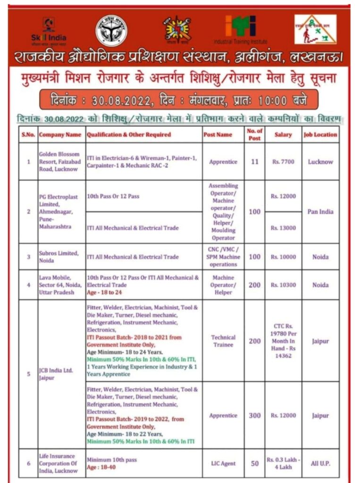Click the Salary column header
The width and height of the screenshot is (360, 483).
coord(283,134)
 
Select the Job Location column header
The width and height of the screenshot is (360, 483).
coord(320,134)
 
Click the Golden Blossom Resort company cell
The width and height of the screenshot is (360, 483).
coord(61,162)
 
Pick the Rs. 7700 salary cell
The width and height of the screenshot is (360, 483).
coord(283,162)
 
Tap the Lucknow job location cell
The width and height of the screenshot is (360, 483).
coord(320,162)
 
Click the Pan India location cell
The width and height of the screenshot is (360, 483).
coord(320,212)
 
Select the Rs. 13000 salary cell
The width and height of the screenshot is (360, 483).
coord(283,228)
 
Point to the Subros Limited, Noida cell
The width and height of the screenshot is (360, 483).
coord(61,257)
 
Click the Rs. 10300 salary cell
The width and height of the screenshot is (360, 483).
coord(283,285)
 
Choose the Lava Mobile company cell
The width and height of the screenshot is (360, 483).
coord(61,285)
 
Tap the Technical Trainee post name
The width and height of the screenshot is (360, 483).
coord(223,341)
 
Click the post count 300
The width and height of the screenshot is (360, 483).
coord(255,416)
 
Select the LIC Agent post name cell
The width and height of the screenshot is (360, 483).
coord(223,464)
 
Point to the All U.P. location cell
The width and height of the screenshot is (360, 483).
coord(320,464)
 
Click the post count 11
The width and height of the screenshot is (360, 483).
coord(255,162)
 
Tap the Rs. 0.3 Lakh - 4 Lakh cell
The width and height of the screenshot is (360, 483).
coord(283,464)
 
